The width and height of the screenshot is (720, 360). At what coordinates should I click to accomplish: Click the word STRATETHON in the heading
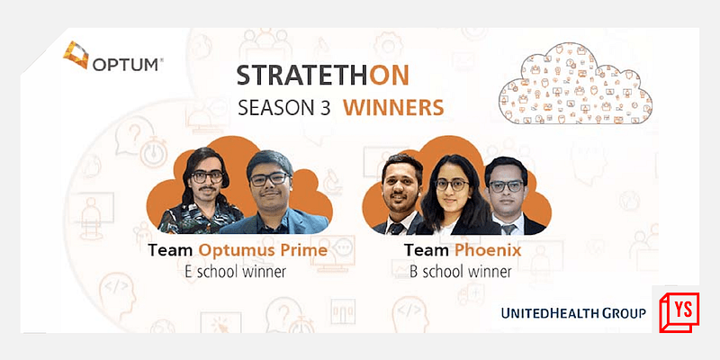[338, 75]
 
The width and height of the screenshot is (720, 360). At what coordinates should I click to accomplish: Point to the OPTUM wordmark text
[125, 64]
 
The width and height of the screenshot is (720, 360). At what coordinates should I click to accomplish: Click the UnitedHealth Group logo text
[574, 313]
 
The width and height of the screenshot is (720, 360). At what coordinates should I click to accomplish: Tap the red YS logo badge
[682, 314]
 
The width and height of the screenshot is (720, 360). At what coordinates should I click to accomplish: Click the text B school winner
[459, 270]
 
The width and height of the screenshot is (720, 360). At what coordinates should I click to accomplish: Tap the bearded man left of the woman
[400, 193]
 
